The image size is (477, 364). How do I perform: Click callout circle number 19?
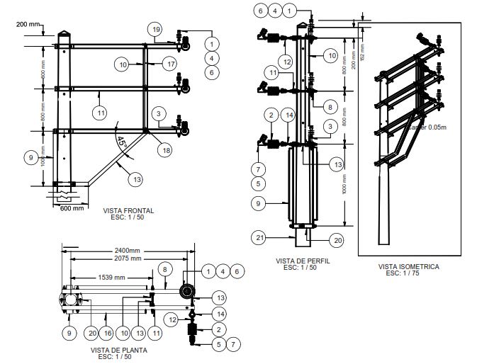pyautogui.click(x=156, y=29)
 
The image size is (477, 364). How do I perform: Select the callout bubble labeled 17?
pyautogui.click(x=168, y=64)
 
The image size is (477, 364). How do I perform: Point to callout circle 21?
pyautogui.click(x=260, y=238)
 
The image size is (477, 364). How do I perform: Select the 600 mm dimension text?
pyautogui.click(x=71, y=208)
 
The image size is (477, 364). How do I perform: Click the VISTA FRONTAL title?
pyautogui.click(x=128, y=211)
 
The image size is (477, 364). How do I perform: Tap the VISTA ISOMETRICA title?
pyautogui.click(x=409, y=267)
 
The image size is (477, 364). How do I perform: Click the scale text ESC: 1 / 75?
pyautogui.click(x=409, y=273)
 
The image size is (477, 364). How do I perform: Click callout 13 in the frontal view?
pyautogui.click(x=135, y=179)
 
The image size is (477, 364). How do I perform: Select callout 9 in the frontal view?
pyautogui.click(x=30, y=158)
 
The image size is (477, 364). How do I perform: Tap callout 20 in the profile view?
pyautogui.click(x=338, y=241)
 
